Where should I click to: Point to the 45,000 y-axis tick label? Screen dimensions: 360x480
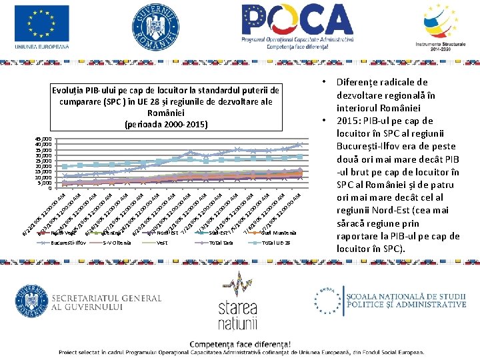(43, 139)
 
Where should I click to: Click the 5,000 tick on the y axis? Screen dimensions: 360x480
(45, 183)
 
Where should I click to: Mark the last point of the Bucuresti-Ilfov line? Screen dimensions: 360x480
(300, 144)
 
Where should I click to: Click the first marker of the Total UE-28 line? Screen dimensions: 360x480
(64, 166)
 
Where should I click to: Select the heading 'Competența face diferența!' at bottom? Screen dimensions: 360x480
(240, 344)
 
